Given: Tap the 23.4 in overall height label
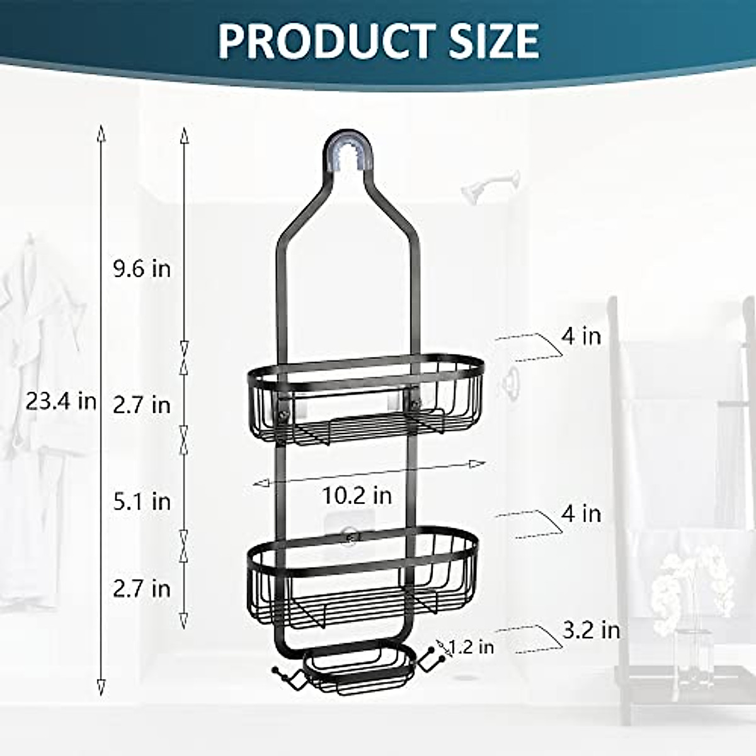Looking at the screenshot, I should pyautogui.click(x=61, y=401).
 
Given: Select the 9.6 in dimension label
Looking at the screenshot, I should pyautogui.click(x=142, y=268).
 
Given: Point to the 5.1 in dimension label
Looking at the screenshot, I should pyautogui.click(x=142, y=501).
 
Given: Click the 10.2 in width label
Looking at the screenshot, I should pyautogui.click(x=357, y=495).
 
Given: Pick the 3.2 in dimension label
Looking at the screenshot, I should pyautogui.click(x=591, y=630).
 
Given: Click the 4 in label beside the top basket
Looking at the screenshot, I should pyautogui.click(x=581, y=336).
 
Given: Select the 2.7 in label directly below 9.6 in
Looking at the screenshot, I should pyautogui.click(x=142, y=404).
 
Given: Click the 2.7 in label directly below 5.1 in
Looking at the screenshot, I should pyautogui.click(x=142, y=588).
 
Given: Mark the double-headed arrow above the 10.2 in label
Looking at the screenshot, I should pyautogui.click(x=369, y=473).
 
